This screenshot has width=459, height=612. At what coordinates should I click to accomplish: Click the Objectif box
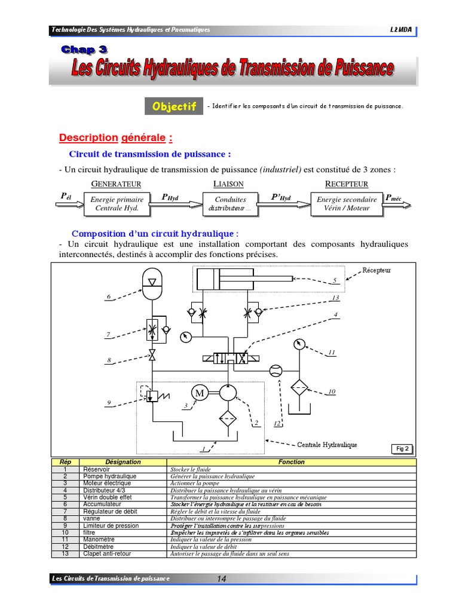tap(174, 106)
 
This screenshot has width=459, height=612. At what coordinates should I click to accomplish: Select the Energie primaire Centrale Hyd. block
tap(117, 204)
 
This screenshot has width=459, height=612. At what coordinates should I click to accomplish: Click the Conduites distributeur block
tap(230, 204)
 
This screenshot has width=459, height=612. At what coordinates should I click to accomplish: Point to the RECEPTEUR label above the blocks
tap(347, 183)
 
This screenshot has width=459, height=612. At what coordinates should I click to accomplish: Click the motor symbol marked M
tap(198, 393)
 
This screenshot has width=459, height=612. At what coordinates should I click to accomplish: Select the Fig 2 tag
tap(402, 448)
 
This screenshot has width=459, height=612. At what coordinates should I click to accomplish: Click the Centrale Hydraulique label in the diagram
tap(327, 445)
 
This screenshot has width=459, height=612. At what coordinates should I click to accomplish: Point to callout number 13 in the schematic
tap(335, 298)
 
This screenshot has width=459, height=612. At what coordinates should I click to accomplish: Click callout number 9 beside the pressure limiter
tap(109, 403)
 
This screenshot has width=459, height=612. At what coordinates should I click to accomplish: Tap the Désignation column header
tap(123, 462)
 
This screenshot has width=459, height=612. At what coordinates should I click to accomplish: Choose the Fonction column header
tap(292, 462)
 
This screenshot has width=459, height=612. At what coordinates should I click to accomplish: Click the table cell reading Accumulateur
tap(103, 504)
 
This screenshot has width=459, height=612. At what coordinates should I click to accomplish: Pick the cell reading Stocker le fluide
tap(189, 470)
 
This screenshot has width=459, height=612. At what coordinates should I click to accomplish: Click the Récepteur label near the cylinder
tap(377, 270)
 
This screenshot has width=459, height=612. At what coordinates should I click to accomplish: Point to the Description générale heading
tap(115, 138)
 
